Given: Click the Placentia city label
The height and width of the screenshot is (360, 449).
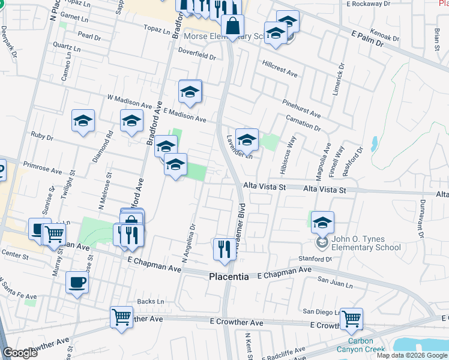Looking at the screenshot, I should point(228,277).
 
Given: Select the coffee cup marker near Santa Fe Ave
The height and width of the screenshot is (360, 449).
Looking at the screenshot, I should point(77,282).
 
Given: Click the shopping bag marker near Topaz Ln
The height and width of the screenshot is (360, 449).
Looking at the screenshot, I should point(232,26).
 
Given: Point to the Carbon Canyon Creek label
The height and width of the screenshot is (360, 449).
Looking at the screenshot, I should point(363,349).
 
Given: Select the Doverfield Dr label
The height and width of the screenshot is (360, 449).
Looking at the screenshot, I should point(196,56).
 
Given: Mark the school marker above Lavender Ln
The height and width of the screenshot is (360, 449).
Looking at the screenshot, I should point(246,140).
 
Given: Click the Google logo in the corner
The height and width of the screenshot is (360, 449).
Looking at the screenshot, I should point(20,353).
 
